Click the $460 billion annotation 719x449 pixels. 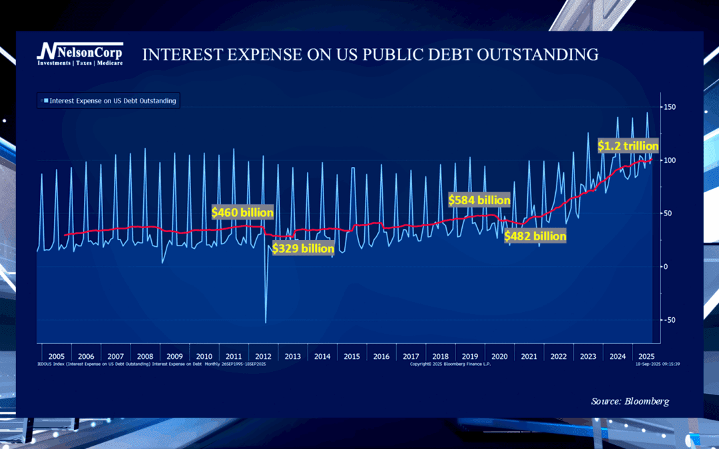click(242, 212)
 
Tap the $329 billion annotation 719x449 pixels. click(303, 248)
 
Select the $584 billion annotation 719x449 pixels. click(479, 200)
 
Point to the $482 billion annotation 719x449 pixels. click(535, 235)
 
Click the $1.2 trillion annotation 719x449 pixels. click(628, 146)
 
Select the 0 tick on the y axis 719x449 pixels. click(666, 267)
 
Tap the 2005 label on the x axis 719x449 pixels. click(56, 356)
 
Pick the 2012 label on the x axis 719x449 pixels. click(263, 356)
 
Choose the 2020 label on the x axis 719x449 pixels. click(499, 356)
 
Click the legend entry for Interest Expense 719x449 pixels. click(109, 101)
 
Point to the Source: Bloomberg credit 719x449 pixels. click(630, 401)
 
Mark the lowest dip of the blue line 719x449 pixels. click(266, 323)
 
